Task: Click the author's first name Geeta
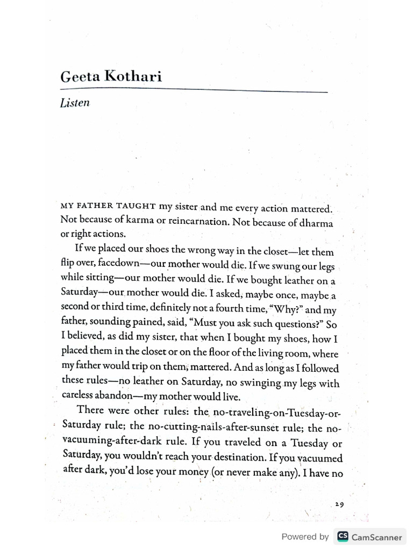point(80,76)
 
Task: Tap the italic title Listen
point(75,103)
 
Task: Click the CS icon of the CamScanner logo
point(343,536)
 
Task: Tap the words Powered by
point(305,536)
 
